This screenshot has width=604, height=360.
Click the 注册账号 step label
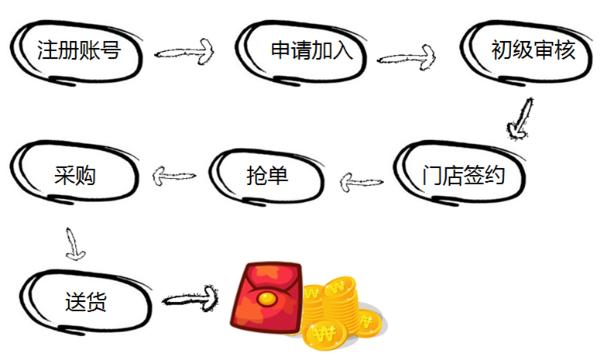point(79,51)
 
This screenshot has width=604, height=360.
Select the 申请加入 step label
point(311,51)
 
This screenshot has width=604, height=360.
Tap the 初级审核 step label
point(534,51)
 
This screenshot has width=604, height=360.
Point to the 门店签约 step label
point(464,176)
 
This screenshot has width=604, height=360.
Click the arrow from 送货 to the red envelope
point(189,297)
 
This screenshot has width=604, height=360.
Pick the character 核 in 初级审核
point(565,51)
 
